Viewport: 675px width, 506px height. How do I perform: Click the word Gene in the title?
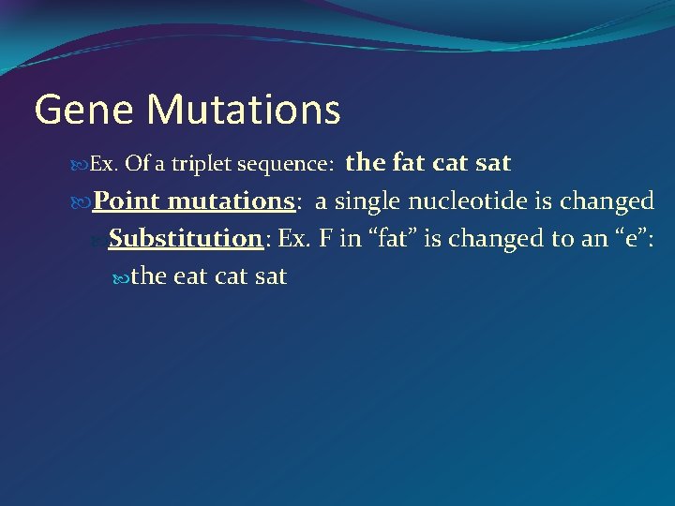[84, 110]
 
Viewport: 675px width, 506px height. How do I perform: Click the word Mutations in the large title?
[244, 110]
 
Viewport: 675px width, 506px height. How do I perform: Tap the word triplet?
[202, 165]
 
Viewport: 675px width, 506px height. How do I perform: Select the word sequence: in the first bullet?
[286, 165]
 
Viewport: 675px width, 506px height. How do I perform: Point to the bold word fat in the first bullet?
[409, 162]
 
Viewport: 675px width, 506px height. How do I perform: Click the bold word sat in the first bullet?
[493, 162]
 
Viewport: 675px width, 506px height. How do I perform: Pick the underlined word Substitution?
[185, 238]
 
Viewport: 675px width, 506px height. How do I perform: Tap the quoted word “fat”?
[393, 238]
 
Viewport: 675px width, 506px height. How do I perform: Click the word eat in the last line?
[191, 276]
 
